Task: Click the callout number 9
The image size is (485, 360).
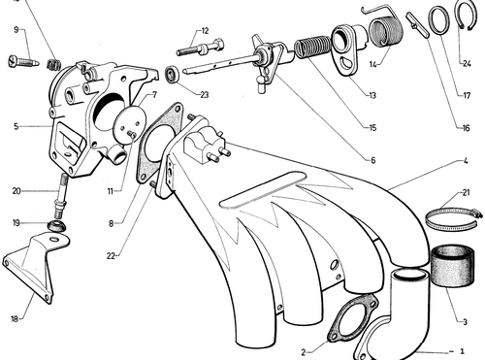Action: [16, 30]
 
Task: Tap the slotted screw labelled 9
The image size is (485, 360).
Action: [23, 61]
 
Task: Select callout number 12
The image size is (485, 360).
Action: [205, 31]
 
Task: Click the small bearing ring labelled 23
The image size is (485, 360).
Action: [172, 74]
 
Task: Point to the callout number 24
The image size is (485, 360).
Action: [467, 63]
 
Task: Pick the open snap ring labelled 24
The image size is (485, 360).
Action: [466, 16]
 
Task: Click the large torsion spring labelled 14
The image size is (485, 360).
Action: [385, 31]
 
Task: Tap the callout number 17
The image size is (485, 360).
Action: [467, 95]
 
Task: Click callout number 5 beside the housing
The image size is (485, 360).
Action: [16, 126]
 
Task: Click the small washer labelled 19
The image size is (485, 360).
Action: [56, 225]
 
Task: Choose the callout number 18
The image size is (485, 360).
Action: [15, 319]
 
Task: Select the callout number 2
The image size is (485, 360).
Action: [304, 352]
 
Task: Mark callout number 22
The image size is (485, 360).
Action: [111, 256]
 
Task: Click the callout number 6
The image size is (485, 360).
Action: [372, 160]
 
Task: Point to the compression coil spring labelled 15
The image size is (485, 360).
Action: [312, 47]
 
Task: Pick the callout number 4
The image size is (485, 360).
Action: [466, 160]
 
